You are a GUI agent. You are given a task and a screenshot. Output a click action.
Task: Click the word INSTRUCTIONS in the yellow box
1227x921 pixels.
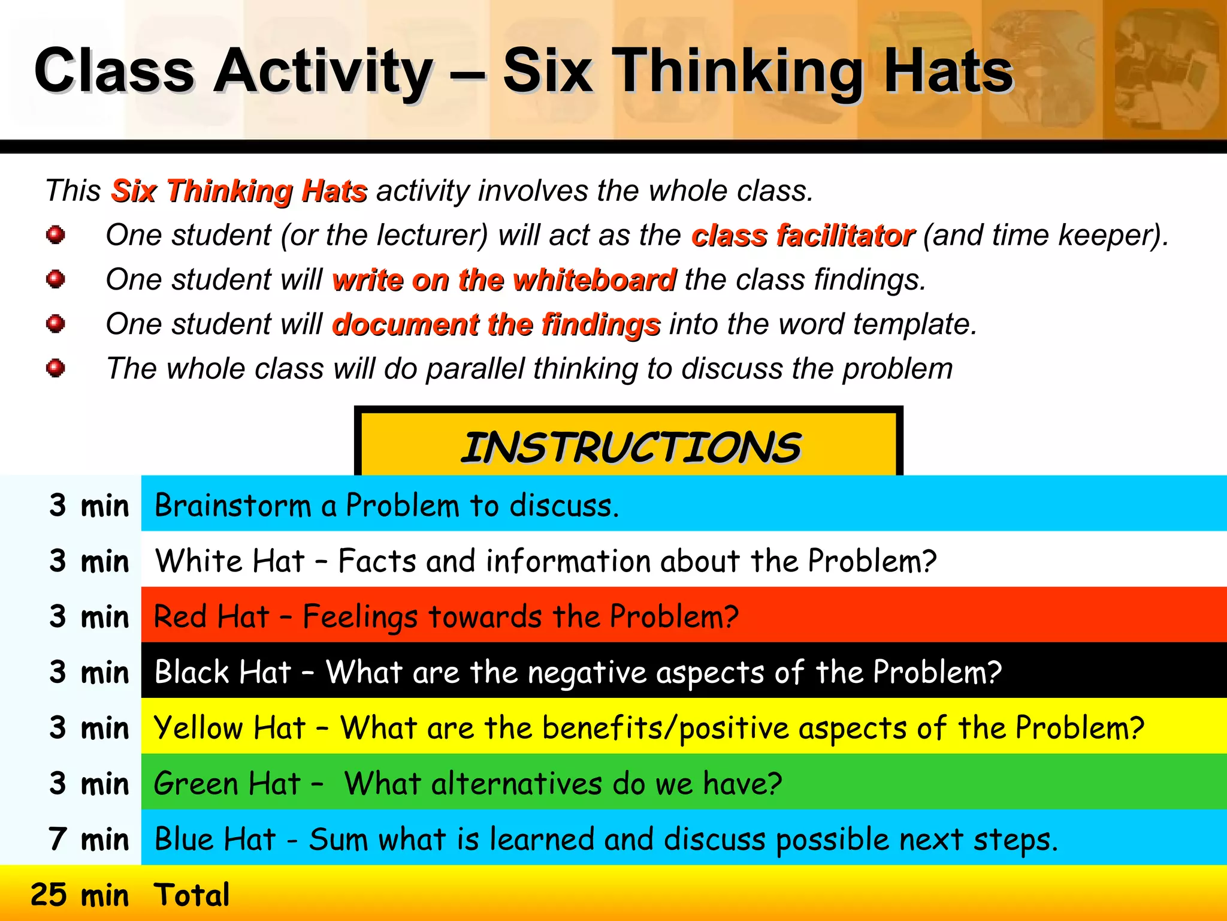pyautogui.click(x=630, y=447)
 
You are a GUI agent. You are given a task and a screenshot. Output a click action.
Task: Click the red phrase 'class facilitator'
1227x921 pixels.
pyautogui.click(x=803, y=236)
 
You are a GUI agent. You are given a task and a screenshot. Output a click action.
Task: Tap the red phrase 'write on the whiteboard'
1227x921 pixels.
pyautogui.click(x=504, y=280)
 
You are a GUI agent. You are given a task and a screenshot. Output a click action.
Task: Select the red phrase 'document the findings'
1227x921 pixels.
pyautogui.click(x=496, y=324)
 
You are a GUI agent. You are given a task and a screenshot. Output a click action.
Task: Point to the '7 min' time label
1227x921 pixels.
pyautogui.click(x=89, y=839)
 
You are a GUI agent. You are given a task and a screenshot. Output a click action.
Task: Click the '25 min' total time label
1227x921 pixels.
pyautogui.click(x=80, y=895)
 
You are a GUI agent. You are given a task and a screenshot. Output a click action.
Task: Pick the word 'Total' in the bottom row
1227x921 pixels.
pyautogui.click(x=192, y=895)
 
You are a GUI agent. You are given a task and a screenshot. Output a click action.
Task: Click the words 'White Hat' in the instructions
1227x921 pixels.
pyautogui.click(x=230, y=561)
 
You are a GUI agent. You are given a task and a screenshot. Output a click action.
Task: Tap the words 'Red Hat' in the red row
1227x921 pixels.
pyautogui.click(x=211, y=617)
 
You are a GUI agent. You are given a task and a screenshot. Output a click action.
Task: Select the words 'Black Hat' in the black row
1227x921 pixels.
pyautogui.click(x=223, y=672)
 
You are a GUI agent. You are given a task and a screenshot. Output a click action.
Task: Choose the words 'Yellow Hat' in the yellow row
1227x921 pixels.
pyautogui.click(x=230, y=728)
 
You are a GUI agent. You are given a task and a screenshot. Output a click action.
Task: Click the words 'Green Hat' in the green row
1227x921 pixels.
pyautogui.click(x=227, y=784)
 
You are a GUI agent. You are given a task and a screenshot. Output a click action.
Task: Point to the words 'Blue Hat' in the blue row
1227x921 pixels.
pyautogui.click(x=215, y=839)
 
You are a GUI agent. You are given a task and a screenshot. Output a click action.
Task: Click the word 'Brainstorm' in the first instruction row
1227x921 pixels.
pyautogui.click(x=232, y=505)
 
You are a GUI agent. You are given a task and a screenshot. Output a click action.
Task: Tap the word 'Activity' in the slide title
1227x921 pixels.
pyautogui.click(x=324, y=72)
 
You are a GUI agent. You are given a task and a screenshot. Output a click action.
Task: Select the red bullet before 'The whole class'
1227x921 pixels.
pyautogui.click(x=56, y=368)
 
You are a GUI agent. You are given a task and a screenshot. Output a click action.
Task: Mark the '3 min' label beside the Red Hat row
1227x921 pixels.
pyautogui.click(x=89, y=617)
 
